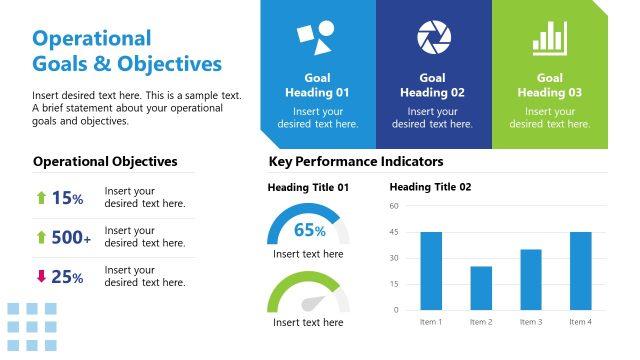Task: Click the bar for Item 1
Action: tap(431, 270)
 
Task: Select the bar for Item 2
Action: tap(481, 287)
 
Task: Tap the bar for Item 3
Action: tap(530, 279)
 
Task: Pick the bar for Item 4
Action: tap(579, 270)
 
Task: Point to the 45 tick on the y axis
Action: tap(394, 232)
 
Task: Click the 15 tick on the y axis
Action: tap(394, 284)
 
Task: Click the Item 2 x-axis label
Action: tap(481, 322)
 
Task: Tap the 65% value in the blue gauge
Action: tap(309, 230)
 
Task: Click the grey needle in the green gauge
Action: tap(325, 300)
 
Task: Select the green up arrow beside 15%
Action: tap(41, 198)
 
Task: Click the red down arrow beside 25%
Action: tap(41, 277)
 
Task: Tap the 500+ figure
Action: tap(71, 238)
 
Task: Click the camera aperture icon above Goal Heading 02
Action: tap(434, 37)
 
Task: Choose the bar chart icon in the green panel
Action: tap(549, 38)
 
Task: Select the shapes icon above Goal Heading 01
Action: tap(316, 38)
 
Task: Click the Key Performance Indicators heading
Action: tap(356, 161)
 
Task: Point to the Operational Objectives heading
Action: tap(105, 161)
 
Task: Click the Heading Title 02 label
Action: tap(430, 187)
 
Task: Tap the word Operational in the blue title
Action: tap(92, 39)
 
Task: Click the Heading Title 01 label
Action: tap(308, 187)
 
